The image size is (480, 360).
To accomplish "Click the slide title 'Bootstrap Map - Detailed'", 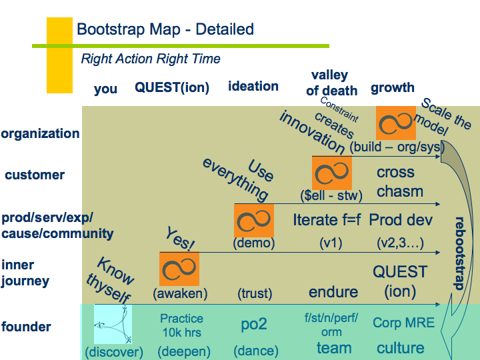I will click(x=165, y=30).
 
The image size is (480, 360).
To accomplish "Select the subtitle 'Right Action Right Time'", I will click(x=151, y=59).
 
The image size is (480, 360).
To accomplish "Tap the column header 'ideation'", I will click(x=253, y=86).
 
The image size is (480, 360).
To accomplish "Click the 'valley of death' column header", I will click(x=331, y=83).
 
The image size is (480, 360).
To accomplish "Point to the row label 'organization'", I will click(x=40, y=133).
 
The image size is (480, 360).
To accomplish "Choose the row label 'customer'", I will click(x=35, y=175).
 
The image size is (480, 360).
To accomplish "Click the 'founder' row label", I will click(x=26, y=327).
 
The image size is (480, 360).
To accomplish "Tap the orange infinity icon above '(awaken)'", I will click(x=180, y=269).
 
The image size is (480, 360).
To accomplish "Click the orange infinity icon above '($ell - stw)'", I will click(x=331, y=173).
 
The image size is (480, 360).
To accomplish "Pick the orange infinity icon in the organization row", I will click(x=396, y=123).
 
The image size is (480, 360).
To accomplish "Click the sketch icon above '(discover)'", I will click(x=113, y=324).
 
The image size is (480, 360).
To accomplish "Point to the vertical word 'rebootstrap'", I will click(x=459, y=253).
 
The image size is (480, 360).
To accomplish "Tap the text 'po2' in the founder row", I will click(x=253, y=324).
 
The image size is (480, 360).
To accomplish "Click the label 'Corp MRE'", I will click(x=403, y=323).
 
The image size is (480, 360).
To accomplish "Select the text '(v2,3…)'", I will click(x=400, y=243).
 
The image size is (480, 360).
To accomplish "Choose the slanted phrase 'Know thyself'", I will click(x=112, y=279).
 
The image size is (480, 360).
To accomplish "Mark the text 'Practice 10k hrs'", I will click(x=181, y=325).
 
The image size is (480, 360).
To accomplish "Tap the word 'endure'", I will click(x=333, y=292).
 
